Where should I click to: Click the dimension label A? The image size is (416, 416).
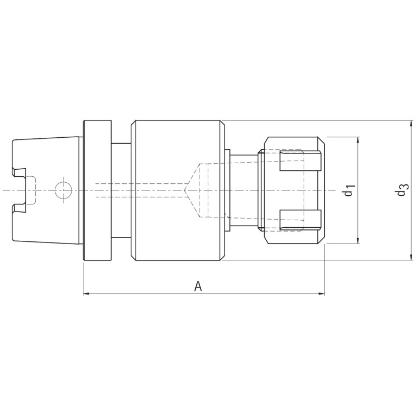pyautogui.click(x=198, y=286)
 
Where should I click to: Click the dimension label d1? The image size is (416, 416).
pyautogui.click(x=349, y=190)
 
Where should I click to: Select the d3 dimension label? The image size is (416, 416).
pyautogui.click(x=402, y=190)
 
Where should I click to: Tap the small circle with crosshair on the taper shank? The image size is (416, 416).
pyautogui.click(x=63, y=190)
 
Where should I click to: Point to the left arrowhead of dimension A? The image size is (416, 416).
pyautogui.click(x=86, y=293)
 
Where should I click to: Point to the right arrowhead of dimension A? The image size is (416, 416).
pyautogui.click(x=322, y=293)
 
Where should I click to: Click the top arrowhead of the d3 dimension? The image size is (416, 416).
pyautogui.click(x=411, y=124)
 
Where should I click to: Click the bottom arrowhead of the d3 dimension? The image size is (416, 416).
pyautogui.click(x=411, y=257)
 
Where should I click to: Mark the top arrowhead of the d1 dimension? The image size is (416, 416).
pyautogui.click(x=359, y=140)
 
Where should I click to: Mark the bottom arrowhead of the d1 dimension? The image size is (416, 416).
pyautogui.click(x=359, y=240)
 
